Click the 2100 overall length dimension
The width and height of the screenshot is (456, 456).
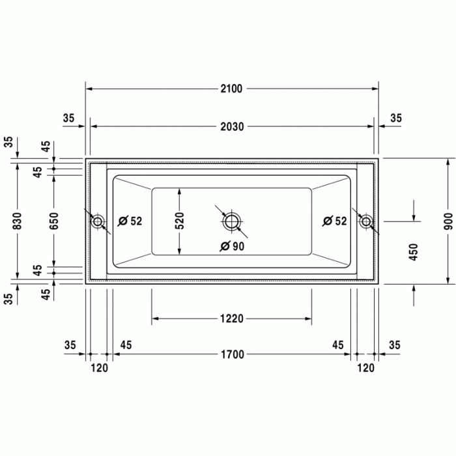[x=231, y=89]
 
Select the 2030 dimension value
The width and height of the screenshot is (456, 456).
[x=231, y=127]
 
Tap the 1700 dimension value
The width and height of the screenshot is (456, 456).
[x=231, y=355]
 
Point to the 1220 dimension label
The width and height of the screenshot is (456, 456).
[x=231, y=319]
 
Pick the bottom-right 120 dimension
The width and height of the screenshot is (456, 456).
[x=366, y=368]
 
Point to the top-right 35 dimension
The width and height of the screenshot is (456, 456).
[x=396, y=118]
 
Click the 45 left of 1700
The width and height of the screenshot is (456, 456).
[x=126, y=345]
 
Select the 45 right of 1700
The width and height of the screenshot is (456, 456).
[x=338, y=345]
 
